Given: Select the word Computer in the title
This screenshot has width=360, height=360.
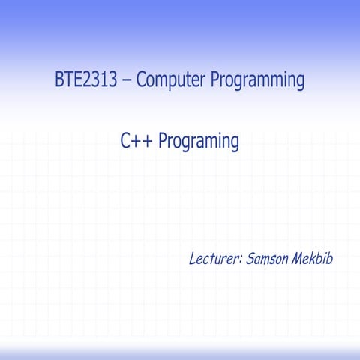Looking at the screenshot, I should point(170,80).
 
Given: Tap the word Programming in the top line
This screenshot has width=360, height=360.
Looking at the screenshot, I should point(257,81).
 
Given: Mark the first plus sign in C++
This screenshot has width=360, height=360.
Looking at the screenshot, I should point(136,141).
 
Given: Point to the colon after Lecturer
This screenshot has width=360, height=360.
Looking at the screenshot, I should point(241,260).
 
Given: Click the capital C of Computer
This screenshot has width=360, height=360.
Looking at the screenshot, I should point(140,79).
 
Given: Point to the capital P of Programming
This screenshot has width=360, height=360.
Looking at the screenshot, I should point(214,79).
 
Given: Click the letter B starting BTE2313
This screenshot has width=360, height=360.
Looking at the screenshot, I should point(58,79).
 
